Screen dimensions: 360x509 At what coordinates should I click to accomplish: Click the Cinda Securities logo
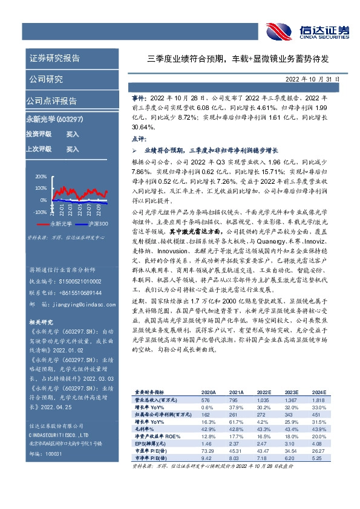pos(308,30)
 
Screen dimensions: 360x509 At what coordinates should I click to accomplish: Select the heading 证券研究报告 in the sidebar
pos(54,59)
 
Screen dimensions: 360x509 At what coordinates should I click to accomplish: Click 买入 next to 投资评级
pos(73,134)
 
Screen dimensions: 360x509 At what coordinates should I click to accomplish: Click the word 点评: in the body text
pos(139,138)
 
